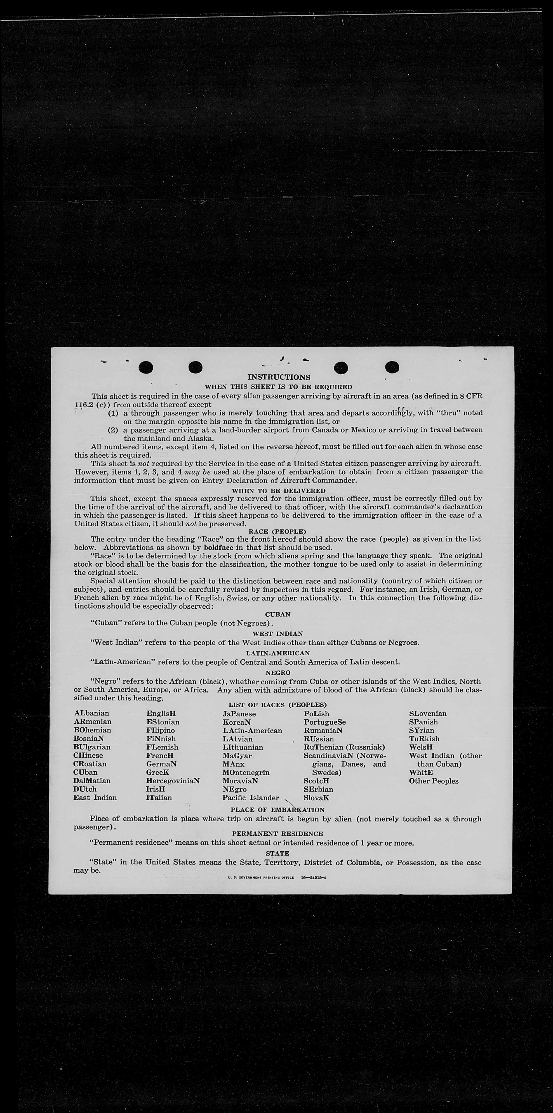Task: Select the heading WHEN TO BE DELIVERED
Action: (278, 490)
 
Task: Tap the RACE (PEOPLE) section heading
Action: (277, 531)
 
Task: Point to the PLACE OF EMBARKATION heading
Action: (277, 809)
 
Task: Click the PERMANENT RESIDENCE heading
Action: (277, 833)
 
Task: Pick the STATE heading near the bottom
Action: (277, 853)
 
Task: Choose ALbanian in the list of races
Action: (91, 713)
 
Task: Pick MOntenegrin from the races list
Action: (246, 772)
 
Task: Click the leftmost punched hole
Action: (146, 367)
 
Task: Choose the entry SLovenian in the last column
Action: (428, 713)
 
